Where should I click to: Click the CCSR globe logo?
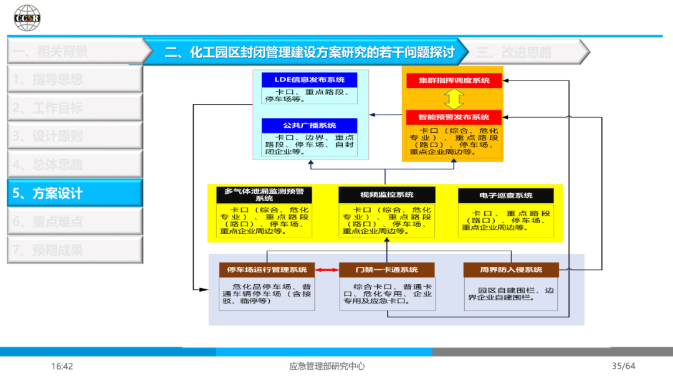pyautogui.click(x=27, y=17)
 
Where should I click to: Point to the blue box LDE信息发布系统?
pyautogui.click(x=310, y=80)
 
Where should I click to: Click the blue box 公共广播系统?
pyautogui.click(x=310, y=125)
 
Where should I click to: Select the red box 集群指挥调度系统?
pyautogui.click(x=454, y=80)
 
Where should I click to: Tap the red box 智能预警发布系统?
pyautogui.click(x=454, y=117)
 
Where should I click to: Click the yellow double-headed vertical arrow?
pyautogui.click(x=454, y=98)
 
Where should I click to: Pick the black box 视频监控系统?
pyautogui.click(x=386, y=194)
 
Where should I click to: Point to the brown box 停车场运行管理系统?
pyautogui.click(x=267, y=270)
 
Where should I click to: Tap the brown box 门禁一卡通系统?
pyautogui.click(x=386, y=270)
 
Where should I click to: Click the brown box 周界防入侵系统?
pyautogui.click(x=511, y=270)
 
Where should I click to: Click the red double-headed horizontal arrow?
pyautogui.click(x=327, y=270)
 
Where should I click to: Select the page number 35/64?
pyautogui.click(x=623, y=366)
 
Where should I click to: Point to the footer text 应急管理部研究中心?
pyautogui.click(x=327, y=366)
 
